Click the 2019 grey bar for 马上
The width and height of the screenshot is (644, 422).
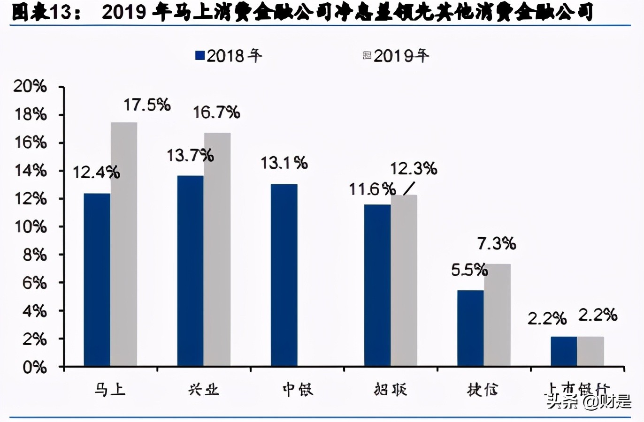coord(124,244)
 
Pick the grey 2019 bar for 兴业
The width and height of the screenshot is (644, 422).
coord(217,249)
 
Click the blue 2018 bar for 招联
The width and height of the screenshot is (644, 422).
coord(377,285)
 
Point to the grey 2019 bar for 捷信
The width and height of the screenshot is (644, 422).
coord(498,315)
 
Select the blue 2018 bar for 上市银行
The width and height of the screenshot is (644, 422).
coord(564,351)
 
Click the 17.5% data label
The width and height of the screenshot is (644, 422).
coord(147,105)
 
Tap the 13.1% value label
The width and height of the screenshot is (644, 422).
coord(284,163)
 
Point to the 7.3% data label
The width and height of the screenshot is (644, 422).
coord(497,243)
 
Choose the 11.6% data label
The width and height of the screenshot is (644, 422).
coord(372,189)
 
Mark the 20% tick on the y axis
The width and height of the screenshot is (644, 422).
coord(31,87)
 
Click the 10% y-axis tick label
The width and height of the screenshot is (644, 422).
coord(31,227)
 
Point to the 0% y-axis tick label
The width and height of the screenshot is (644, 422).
coord(34,367)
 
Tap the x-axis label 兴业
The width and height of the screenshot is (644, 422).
coord(204,389)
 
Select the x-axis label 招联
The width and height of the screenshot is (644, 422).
coord(391,389)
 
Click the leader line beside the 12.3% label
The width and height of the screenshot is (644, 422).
coord(409,188)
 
